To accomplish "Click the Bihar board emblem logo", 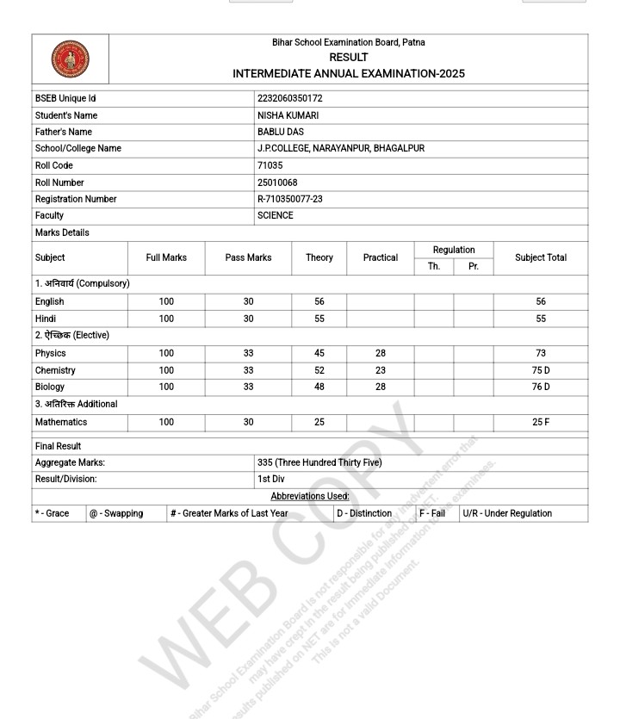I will click(x=71, y=59).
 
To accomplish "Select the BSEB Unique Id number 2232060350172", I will click(x=290, y=99).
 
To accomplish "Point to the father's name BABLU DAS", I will click(x=281, y=132).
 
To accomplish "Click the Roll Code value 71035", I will click(x=270, y=165).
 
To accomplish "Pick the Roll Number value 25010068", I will click(x=277, y=183).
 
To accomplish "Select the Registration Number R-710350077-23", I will click(x=290, y=199).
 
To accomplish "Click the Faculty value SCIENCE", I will click(x=276, y=215).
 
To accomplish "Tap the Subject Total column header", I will click(x=541, y=257).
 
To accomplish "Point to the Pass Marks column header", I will click(x=248, y=257).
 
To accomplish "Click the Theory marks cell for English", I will click(x=319, y=302).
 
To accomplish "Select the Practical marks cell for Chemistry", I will click(x=381, y=370).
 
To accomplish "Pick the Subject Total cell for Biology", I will click(x=541, y=387).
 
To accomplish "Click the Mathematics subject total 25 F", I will click(x=541, y=422).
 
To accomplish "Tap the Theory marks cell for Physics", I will click(x=319, y=353).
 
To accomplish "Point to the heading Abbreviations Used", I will click(x=310, y=496).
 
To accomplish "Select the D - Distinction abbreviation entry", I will click(x=364, y=513).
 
